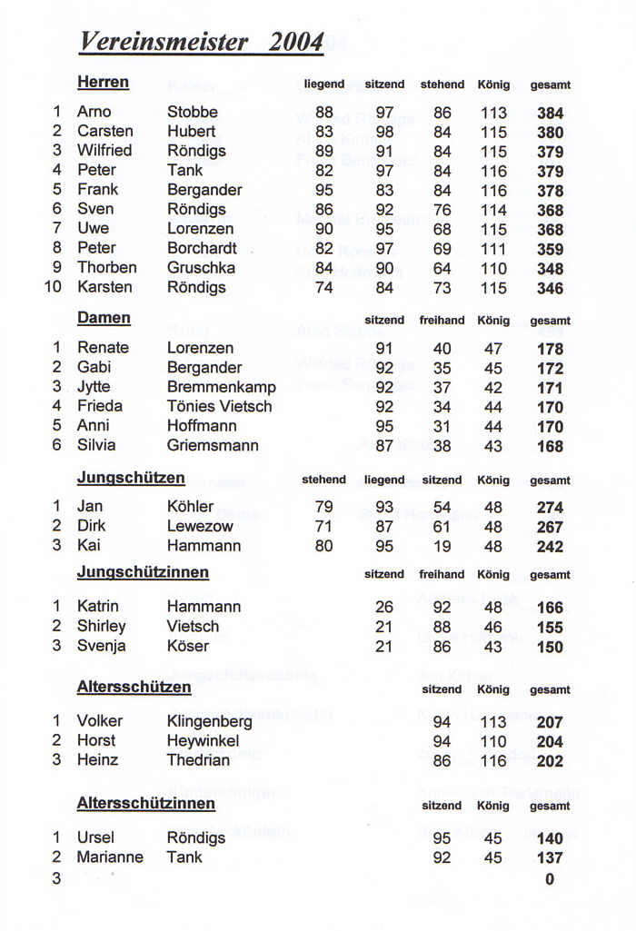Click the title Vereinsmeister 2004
(202, 42)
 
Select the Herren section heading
(103, 83)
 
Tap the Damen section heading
(104, 318)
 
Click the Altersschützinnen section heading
(145, 803)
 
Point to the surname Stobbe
(193, 113)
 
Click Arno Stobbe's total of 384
(550, 114)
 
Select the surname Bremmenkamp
(221, 387)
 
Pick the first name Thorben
(107, 267)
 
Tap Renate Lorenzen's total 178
(550, 349)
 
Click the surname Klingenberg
(209, 721)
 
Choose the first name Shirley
(102, 626)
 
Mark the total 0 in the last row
(550, 878)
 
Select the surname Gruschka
(201, 267)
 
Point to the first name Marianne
(110, 857)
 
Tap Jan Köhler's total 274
(550, 508)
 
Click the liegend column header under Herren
(323, 84)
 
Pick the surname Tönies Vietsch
(219, 406)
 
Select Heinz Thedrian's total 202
(550, 761)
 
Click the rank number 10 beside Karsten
(53, 287)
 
